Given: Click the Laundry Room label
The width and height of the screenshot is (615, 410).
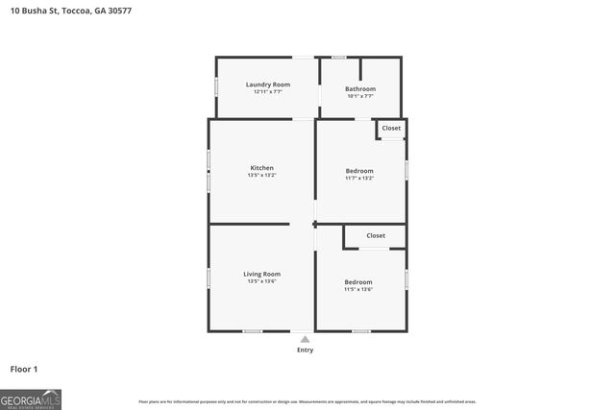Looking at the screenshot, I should [267, 84].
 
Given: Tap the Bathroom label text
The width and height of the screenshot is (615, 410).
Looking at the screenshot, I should [359, 89].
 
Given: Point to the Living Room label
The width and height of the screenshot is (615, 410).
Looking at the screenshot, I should [261, 274].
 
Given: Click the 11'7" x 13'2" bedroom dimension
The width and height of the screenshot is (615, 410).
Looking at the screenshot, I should [359, 178].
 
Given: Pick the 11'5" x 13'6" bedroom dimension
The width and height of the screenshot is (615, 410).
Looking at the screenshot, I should [358, 289].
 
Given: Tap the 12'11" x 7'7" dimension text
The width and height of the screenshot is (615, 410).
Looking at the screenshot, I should [267, 92].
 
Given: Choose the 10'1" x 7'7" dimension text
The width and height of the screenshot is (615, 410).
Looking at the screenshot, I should [359, 96].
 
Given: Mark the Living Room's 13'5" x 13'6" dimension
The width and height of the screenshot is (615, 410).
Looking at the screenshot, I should [261, 281].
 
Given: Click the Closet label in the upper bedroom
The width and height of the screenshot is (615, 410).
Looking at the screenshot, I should [391, 128].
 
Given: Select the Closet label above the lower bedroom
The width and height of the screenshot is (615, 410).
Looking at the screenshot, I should [376, 235].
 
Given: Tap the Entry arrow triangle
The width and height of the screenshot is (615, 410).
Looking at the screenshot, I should [305, 339].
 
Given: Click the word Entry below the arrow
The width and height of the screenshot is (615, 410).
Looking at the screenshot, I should [305, 350].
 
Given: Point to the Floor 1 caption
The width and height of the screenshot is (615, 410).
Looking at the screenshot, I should [24, 369].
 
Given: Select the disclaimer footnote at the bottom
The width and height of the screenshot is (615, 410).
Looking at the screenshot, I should [307, 401].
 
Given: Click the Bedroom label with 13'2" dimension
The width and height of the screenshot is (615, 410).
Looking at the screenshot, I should [359, 171].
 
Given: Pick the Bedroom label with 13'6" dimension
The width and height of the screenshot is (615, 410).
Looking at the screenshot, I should [358, 281].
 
